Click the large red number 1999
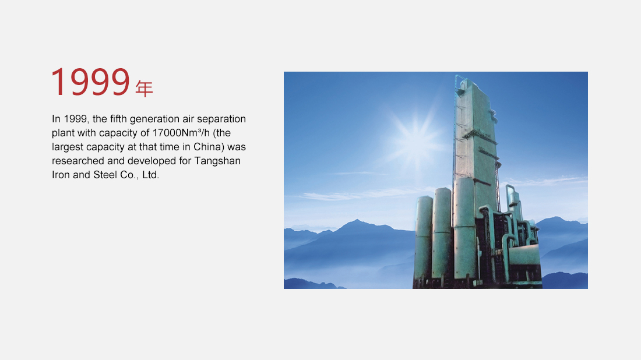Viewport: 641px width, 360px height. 90,82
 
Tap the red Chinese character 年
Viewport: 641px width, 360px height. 145,89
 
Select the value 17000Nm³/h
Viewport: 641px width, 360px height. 181,133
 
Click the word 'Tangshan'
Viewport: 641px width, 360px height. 217,161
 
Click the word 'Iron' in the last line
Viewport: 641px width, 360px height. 61,175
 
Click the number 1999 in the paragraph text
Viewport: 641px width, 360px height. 76,119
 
